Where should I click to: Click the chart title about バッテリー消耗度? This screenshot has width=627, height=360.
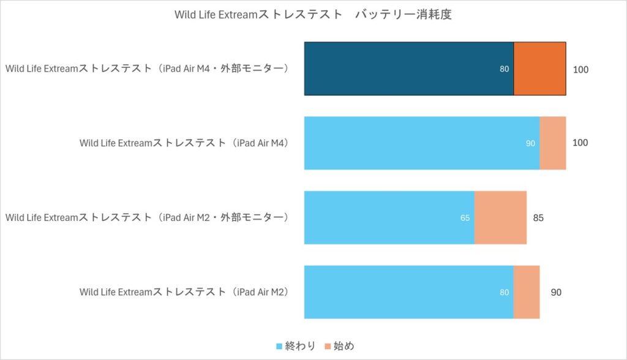click(313, 15)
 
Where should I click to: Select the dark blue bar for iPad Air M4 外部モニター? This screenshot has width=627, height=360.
click(408, 69)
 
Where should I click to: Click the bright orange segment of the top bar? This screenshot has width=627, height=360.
click(539, 69)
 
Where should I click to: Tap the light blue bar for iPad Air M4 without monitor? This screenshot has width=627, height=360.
click(421, 143)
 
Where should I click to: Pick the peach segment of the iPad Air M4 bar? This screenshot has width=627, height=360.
click(552, 143)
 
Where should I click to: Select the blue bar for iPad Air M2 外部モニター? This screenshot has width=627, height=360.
click(389, 217)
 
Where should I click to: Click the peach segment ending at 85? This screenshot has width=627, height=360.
click(500, 217)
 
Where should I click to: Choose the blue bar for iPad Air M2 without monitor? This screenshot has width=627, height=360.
click(408, 292)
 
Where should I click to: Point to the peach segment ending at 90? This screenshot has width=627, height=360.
click(527, 292)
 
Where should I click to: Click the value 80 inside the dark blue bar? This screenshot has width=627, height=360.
click(504, 69)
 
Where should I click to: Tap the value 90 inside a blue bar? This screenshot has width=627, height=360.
click(530, 143)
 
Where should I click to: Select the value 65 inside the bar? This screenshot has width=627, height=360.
click(465, 217)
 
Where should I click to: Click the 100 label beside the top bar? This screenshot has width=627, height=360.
click(580, 70)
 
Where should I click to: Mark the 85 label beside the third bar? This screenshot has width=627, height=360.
click(538, 217)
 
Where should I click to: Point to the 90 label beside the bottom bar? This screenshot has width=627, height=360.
click(556, 292)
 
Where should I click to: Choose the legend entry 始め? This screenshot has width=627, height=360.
click(340, 347)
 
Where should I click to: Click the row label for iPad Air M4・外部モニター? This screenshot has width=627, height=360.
click(147, 69)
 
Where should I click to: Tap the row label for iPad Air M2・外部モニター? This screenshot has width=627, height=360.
click(147, 217)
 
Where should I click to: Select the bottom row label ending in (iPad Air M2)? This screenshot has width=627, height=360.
click(184, 292)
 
